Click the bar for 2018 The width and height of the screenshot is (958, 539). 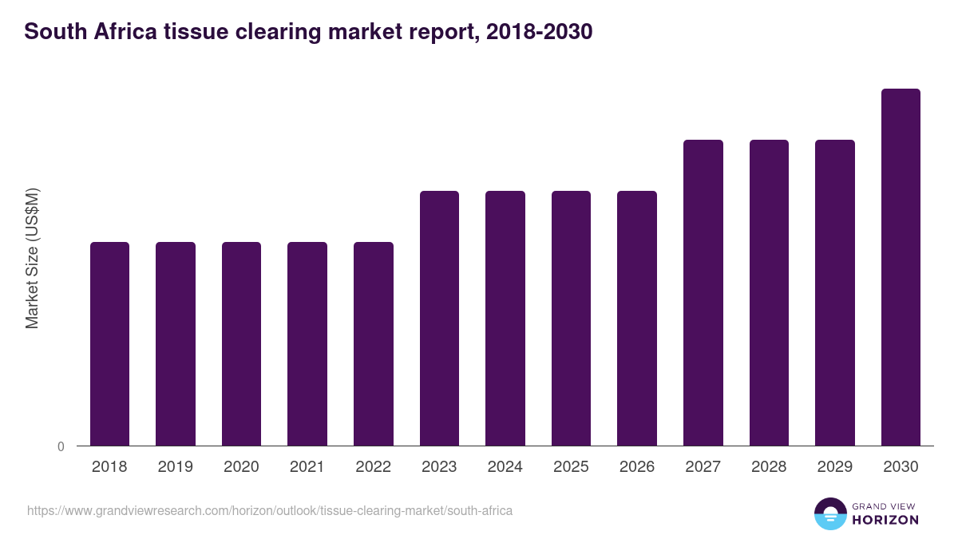click(109, 343)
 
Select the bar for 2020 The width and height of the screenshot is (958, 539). click(241, 343)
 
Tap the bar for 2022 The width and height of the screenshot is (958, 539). click(374, 343)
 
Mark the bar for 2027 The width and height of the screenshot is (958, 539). click(703, 292)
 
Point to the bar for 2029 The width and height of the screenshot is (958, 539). click(835, 292)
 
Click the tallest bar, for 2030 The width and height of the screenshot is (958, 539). click(901, 267)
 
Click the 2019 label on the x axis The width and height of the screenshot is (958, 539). click(176, 467)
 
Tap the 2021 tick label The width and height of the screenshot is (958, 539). click(307, 467)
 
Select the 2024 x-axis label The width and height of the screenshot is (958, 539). click(505, 467)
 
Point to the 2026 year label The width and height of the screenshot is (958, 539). click(637, 467)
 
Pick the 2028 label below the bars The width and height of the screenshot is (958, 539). click(769, 467)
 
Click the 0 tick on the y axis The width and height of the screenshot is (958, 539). click(61, 447)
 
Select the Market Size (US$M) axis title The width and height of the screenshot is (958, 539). click(32, 258)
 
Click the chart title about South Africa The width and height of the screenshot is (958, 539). click(308, 32)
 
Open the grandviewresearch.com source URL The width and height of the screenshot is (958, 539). click(270, 510)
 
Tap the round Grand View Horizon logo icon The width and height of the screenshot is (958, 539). click(830, 513)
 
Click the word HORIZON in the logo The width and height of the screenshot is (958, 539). click(885, 520)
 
